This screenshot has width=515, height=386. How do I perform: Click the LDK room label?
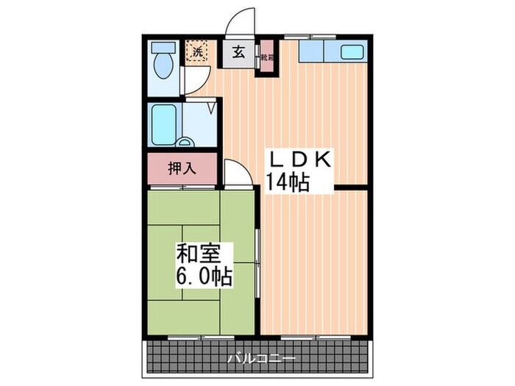[299, 159]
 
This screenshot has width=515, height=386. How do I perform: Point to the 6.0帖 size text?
[204, 276]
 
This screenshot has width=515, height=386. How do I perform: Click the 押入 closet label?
[182, 168]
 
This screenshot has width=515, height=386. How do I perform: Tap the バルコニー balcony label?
[261, 360]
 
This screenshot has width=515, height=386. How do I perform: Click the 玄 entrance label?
[239, 52]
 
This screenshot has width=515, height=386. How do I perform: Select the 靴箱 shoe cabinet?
[265, 57]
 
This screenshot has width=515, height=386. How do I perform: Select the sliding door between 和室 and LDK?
[257, 261]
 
